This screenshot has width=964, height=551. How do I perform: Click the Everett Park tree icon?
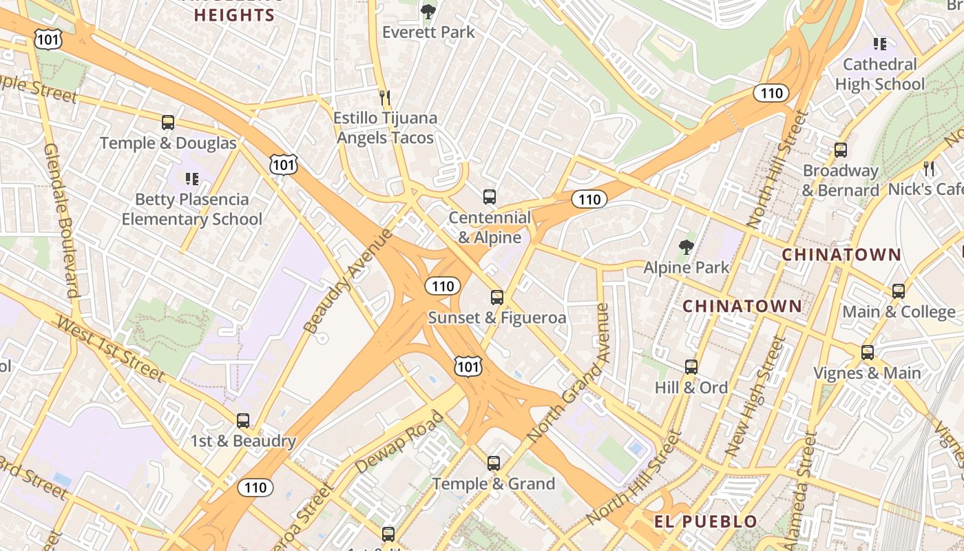tap(428, 11)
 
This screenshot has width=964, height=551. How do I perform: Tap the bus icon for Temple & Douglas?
tap(168, 123)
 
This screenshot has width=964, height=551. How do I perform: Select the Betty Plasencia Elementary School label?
tap(191, 209)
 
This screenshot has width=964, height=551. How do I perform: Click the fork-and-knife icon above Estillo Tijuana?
tap(385, 98)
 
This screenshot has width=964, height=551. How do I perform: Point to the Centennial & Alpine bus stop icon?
tap(490, 197)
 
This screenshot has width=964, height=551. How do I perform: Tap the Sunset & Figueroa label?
tap(496, 318)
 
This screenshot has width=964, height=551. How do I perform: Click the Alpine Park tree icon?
tap(686, 247)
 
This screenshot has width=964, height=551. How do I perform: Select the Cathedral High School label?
tap(879, 74)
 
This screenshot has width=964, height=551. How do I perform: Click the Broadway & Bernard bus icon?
tap(840, 150)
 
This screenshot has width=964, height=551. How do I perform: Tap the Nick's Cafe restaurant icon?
tap(929, 168)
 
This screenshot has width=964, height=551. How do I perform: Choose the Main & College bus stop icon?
tap(899, 291)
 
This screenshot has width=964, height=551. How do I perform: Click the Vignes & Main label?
tap(867, 373)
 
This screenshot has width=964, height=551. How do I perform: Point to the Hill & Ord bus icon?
tap(691, 367)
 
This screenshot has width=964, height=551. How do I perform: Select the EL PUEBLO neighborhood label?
tap(705, 521)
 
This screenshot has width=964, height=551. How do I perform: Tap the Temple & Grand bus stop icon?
tap(494, 464)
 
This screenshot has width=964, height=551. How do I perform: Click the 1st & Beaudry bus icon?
tap(243, 421)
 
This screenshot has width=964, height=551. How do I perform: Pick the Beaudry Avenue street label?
tap(348, 280)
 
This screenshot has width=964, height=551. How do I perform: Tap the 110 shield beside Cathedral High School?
tap(771, 93)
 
